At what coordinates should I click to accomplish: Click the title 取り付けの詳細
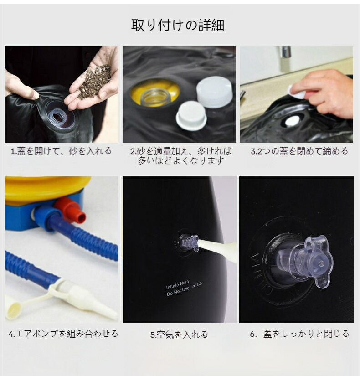tap(177, 25)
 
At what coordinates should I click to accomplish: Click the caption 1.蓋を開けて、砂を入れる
tap(61, 151)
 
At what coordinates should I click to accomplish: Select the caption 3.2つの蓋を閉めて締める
tap(299, 151)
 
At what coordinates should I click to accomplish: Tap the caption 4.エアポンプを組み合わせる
tap(63, 334)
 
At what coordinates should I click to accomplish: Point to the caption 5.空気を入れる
tap(179, 335)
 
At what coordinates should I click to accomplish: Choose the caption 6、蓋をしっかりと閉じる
tap(299, 334)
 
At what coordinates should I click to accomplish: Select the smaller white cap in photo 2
tap(191, 116)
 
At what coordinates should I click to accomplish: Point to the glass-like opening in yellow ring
tap(154, 97)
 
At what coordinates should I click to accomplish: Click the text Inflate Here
tap(177, 285)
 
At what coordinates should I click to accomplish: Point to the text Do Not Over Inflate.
tap(185, 289)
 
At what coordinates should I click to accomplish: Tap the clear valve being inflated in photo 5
tap(190, 242)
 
